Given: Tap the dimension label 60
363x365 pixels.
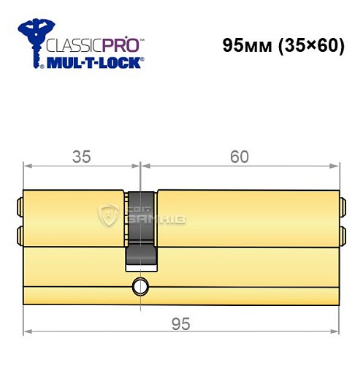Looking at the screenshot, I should (239, 156).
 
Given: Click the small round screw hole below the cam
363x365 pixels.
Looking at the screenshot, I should (139, 285).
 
